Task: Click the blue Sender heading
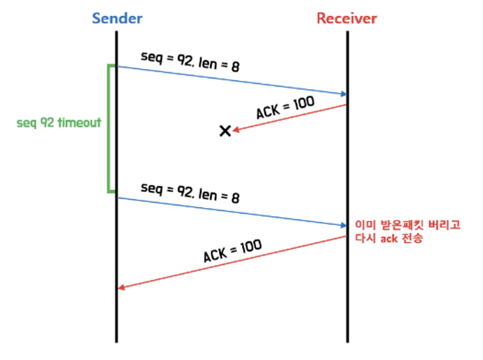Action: (117, 18)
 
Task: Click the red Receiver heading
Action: (347, 18)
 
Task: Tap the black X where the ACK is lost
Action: (225, 131)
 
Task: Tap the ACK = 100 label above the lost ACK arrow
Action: (285, 108)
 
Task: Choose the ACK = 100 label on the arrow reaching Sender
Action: (233, 251)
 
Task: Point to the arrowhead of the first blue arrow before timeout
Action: (343, 94)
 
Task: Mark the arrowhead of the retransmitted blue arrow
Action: (343, 226)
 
